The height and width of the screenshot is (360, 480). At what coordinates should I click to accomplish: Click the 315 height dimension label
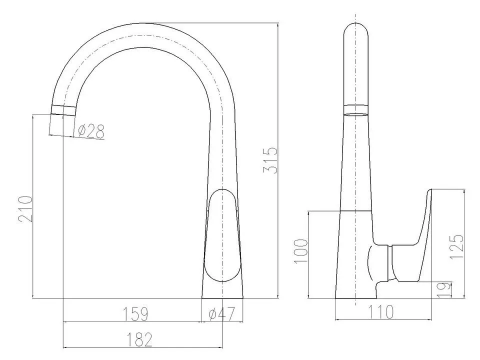pos(270,160)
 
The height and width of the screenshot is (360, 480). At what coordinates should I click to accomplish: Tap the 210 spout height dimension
pos(25,209)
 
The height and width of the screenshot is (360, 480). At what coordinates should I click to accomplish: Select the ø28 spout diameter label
pos(91,131)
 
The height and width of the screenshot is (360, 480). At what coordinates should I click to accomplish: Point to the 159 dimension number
pos(135,313)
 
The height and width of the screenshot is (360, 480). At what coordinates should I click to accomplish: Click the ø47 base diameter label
pos(221,313)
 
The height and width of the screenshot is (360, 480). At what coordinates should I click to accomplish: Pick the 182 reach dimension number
pos(139,339)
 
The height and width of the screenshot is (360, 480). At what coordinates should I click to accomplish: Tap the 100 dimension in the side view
pos(300,251)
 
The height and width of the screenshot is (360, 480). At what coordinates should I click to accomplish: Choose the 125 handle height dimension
pos(456,246)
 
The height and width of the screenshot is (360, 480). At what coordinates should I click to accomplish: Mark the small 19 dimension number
pos(444,289)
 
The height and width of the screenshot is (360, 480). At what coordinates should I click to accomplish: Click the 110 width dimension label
pos(380,312)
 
